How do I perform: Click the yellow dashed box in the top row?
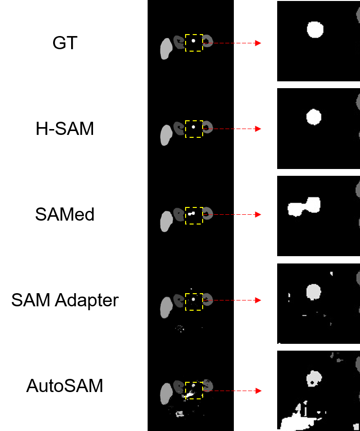click(194, 43)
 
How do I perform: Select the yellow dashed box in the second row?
click(194, 129)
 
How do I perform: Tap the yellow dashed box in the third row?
click(194, 216)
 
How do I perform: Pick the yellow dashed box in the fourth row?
click(194, 302)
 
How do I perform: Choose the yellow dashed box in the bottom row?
click(194, 391)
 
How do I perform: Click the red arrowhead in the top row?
click(258, 43)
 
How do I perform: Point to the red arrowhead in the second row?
click(258, 129)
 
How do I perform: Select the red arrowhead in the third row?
click(258, 215)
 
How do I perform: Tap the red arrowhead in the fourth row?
click(258, 300)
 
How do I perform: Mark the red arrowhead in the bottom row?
click(258, 391)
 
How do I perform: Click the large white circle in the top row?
click(315, 30)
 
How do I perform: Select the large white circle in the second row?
click(314, 117)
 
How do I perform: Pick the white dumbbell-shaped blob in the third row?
click(304, 207)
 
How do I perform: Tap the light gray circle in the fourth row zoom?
click(313, 292)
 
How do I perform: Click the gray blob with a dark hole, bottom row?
click(314, 378)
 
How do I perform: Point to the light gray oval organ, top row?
click(166, 49)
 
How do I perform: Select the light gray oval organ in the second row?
click(166, 134)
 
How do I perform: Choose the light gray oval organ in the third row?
click(166, 221)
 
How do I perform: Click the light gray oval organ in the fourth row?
click(166, 307)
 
